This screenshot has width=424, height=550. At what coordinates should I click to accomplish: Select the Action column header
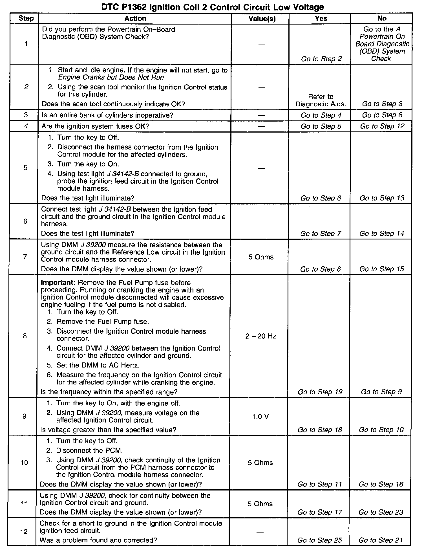135,19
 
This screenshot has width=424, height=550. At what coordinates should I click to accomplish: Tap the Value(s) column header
262,19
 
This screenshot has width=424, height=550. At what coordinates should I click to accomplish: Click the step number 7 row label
25,257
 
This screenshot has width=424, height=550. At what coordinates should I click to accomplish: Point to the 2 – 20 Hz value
260,336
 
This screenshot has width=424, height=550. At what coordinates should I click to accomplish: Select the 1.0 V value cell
260,416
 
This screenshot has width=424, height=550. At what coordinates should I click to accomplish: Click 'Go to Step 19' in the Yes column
320,392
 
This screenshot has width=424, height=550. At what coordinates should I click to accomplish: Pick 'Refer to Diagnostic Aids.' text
321,100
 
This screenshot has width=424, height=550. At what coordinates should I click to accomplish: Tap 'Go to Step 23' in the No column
381,512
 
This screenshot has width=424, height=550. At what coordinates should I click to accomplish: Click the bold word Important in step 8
58,283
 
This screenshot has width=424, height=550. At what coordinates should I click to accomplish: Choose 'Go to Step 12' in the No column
382,126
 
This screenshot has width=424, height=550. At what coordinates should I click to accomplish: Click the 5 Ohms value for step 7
261,257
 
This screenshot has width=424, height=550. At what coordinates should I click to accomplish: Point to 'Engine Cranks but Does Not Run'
111,78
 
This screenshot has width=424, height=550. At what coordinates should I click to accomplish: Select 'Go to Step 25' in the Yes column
319,540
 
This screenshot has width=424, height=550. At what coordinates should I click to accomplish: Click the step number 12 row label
24,532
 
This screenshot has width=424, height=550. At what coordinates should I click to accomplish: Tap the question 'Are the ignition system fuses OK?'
95,126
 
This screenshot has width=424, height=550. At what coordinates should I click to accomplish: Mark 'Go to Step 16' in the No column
381,484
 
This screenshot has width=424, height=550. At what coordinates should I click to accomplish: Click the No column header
382,19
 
